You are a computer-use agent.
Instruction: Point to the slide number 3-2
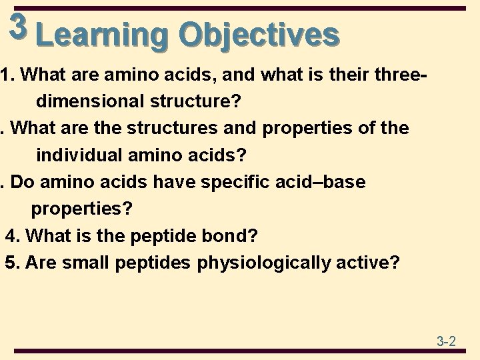point(446,342)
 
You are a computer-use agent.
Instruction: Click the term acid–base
point(327,182)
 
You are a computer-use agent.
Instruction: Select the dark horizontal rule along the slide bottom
point(240,352)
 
